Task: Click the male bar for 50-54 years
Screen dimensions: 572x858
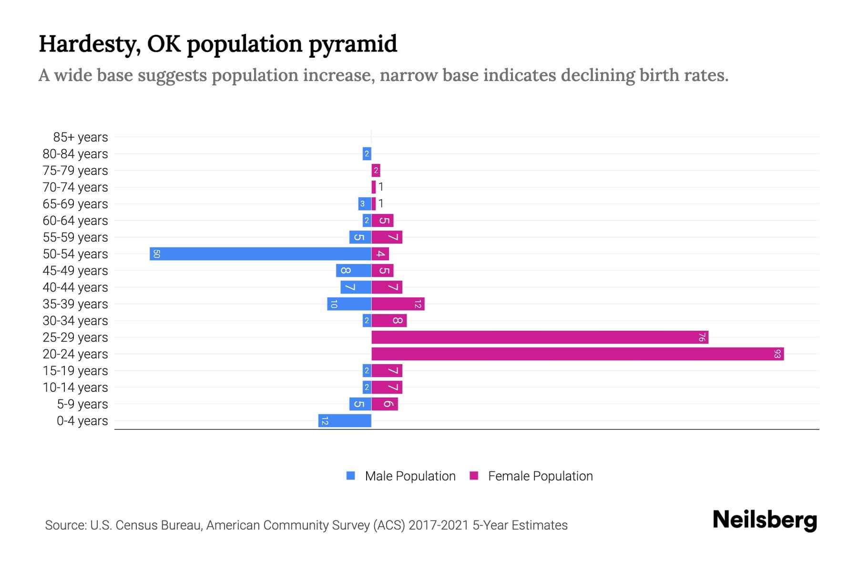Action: tap(260, 254)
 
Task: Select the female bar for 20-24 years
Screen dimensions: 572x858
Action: tap(577, 354)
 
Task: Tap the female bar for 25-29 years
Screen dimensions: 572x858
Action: tap(540, 337)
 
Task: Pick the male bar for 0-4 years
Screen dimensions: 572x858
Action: tap(345, 420)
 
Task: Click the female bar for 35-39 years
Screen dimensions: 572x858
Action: tap(398, 304)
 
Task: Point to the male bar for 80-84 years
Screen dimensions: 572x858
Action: tap(367, 153)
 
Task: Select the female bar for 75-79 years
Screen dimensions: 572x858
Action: tap(376, 170)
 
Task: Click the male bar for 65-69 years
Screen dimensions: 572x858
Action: tap(365, 204)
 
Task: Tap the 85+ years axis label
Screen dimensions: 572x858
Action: tap(81, 137)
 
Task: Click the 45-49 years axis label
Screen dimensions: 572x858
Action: tap(75, 271)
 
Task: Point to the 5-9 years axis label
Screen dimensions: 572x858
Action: tap(82, 404)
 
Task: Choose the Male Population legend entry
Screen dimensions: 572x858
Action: tap(401, 476)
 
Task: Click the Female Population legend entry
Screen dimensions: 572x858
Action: tap(531, 476)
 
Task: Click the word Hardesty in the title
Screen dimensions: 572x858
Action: tap(90, 44)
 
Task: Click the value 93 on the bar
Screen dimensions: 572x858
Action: tap(777, 354)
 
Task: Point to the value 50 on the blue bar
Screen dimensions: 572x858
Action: tap(156, 254)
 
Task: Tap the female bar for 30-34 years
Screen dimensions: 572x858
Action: tap(389, 320)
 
